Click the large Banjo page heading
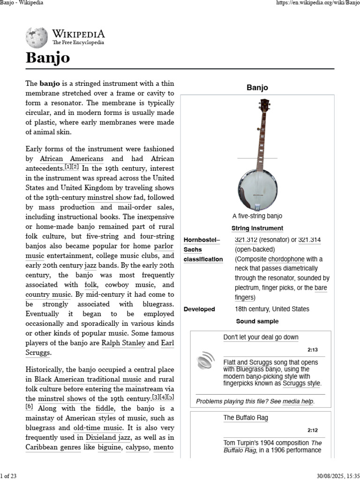(x=48, y=58)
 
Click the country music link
(x=48, y=295)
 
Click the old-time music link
(x=98, y=427)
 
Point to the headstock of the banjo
(x=265, y=105)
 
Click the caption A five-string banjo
(x=257, y=216)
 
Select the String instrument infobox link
(x=257, y=228)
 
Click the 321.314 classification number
(x=309, y=240)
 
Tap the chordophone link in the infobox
(x=286, y=259)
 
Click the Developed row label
(x=199, y=309)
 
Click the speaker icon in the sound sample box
(x=205, y=361)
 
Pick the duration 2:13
(x=313, y=350)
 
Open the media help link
(x=298, y=401)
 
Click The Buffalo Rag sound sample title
(x=246, y=418)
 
